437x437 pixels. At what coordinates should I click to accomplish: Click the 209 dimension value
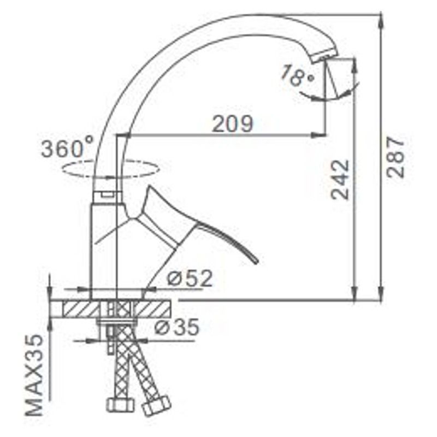[x=233, y=123]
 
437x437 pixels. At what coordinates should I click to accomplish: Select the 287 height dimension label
[x=395, y=157]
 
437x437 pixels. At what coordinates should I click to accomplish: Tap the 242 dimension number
[x=340, y=180]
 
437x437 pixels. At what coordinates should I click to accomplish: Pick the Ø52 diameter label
[x=190, y=278]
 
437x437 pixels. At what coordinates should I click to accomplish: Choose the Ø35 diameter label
[x=177, y=326]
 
